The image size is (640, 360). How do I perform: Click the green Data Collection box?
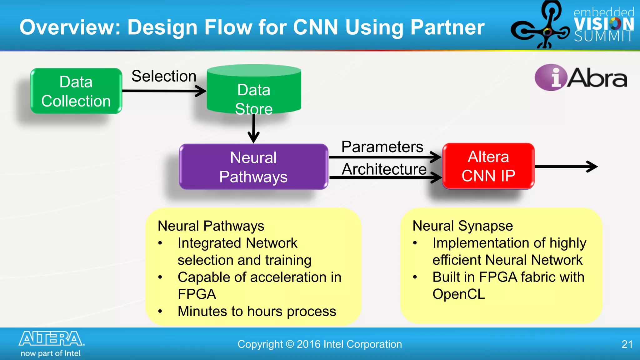(76, 91)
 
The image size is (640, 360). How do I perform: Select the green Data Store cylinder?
(254, 91)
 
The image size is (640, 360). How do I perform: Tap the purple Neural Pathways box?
(253, 167)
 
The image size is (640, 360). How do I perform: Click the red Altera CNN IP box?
(488, 166)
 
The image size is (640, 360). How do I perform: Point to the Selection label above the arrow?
(164, 76)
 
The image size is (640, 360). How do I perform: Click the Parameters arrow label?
(382, 147)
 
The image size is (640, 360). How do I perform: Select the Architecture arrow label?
(384, 169)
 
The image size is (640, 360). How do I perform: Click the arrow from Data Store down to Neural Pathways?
(253, 128)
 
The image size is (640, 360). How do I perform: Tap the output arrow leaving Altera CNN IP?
(566, 167)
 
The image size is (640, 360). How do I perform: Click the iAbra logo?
(581, 77)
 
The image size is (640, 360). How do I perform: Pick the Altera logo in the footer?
(52, 339)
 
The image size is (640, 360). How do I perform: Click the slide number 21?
(627, 344)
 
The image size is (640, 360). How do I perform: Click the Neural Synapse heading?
(462, 226)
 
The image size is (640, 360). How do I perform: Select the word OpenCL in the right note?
(458, 294)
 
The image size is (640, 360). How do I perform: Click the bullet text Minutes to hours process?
(257, 311)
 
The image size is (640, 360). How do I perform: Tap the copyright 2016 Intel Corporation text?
(319, 344)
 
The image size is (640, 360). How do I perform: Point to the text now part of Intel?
(51, 353)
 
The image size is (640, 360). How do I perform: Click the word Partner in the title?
(447, 27)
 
